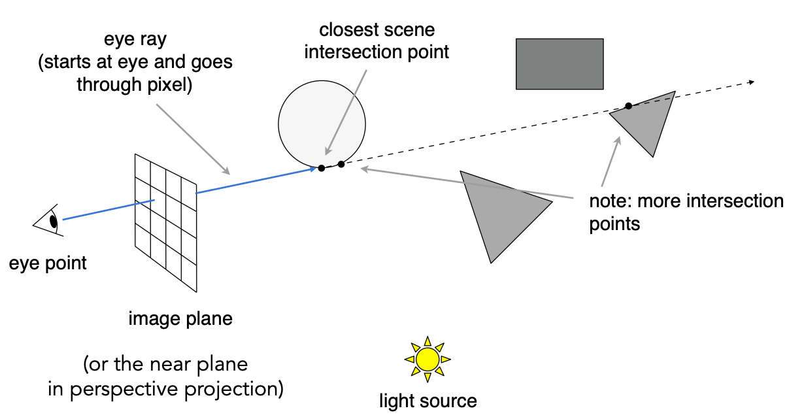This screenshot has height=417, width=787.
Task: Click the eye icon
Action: tap(48, 220)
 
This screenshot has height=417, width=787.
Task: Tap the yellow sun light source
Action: tap(427, 359)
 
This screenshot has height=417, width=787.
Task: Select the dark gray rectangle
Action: tap(560, 63)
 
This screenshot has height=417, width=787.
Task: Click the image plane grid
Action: tap(166, 223)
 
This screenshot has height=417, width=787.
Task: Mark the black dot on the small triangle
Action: tap(628, 106)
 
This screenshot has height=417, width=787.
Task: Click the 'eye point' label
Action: tap(48, 263)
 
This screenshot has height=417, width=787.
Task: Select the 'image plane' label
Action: tap(180, 320)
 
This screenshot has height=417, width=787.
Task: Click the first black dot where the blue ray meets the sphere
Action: tap(321, 168)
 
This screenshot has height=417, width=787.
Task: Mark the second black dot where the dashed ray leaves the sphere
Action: tap(341, 163)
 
